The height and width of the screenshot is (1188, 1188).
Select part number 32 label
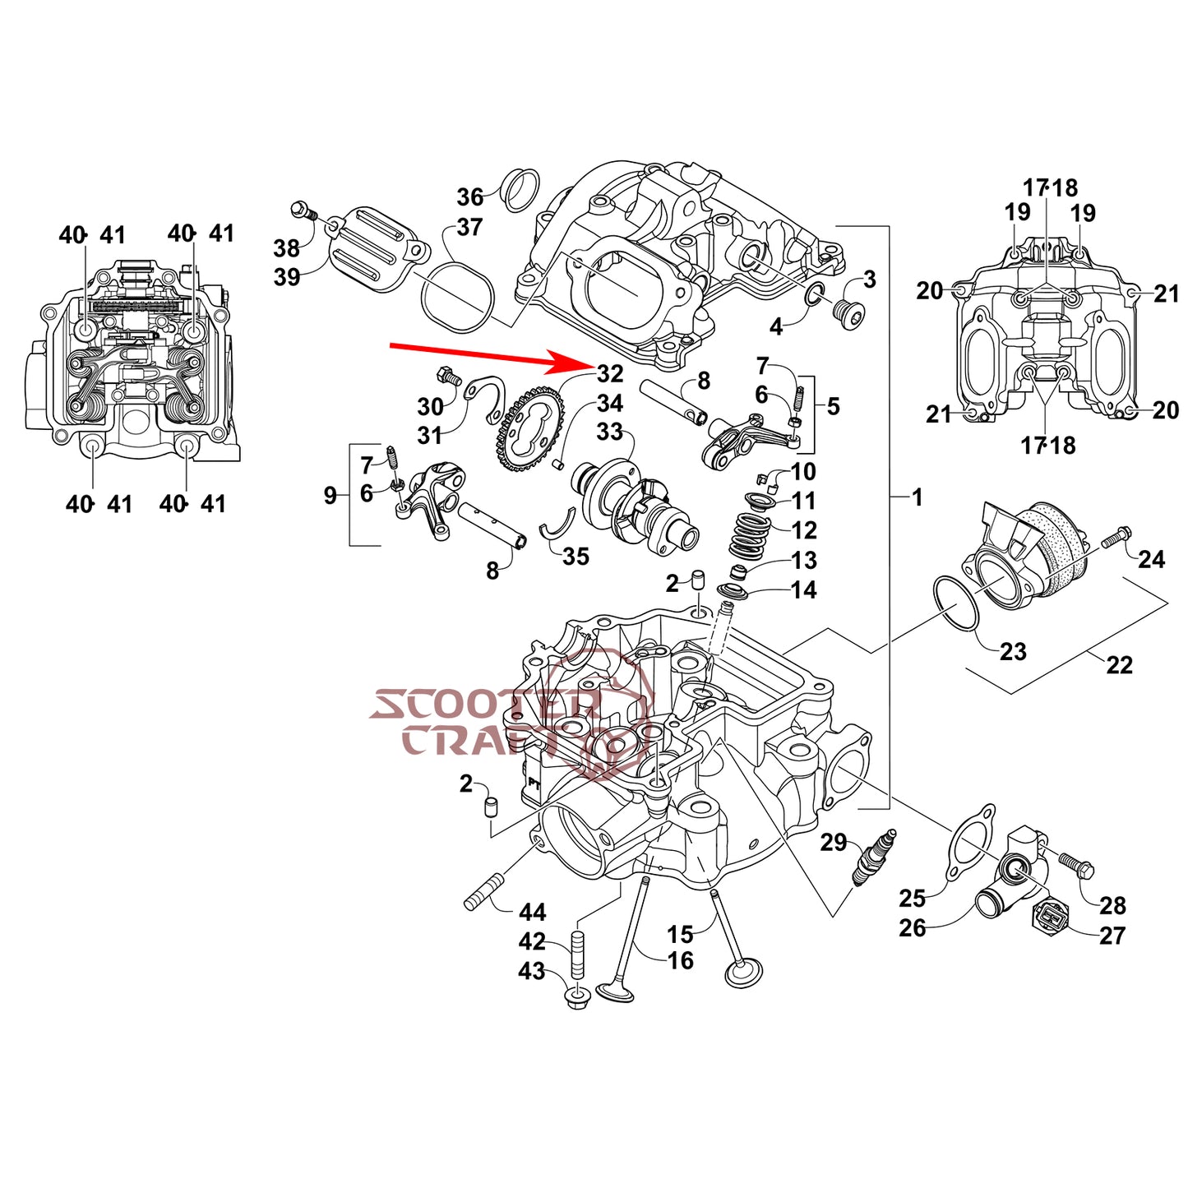click(610, 374)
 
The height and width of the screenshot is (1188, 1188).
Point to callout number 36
click(470, 197)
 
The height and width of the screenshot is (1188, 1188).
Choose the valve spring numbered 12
click(750, 534)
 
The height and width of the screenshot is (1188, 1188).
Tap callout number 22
click(1119, 664)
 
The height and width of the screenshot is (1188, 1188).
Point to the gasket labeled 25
click(970, 841)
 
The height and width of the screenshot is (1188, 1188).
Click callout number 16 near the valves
click(681, 960)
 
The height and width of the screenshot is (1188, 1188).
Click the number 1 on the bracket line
click(918, 497)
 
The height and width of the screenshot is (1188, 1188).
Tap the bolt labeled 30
click(449, 377)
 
